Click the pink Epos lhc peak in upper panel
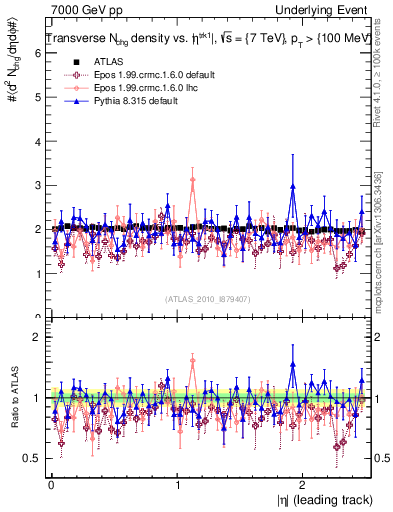point(192,180)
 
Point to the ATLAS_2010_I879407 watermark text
point(208,297)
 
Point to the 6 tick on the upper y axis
point(37,53)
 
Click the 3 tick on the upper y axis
point(37,185)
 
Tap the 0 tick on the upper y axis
point(37,317)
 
